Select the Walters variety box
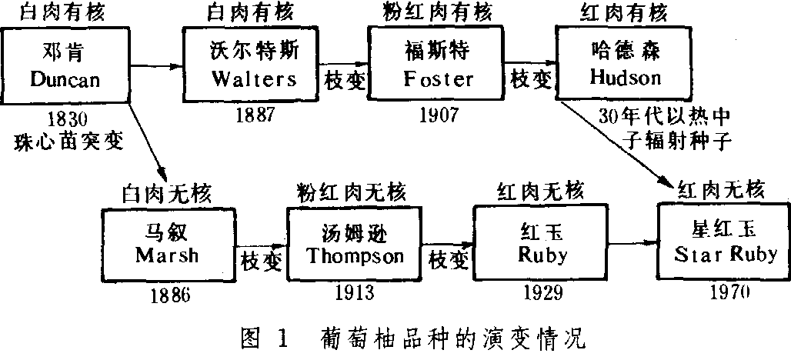pos(252,65)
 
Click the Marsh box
pos(168,244)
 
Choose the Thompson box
pos(355,244)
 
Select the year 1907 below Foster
pos(439,115)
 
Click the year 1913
pos(355,293)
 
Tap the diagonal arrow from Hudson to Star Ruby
pos(616,142)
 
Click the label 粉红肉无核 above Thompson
pos(353,191)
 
